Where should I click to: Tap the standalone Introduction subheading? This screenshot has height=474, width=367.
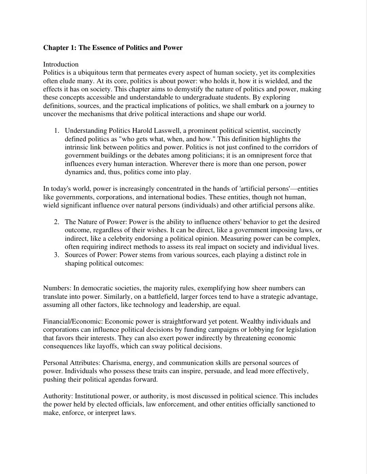coord(61,65)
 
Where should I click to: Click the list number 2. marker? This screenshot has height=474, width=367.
coord(57,222)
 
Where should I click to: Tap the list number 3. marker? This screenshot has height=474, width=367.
coord(57,255)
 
